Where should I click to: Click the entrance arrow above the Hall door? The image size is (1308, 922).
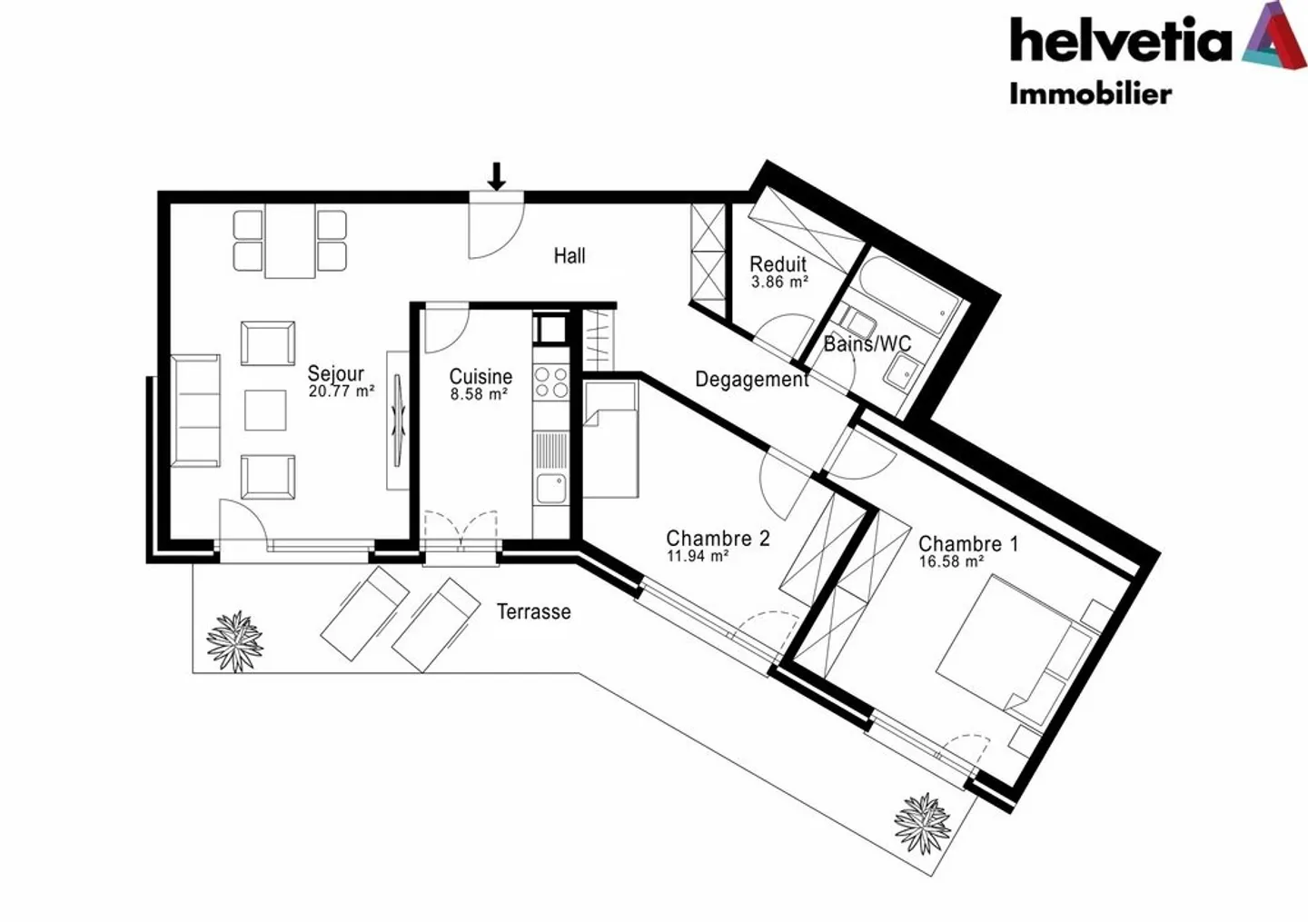pyautogui.click(x=496, y=176)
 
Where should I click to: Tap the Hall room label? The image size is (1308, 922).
pyautogui.click(x=570, y=256)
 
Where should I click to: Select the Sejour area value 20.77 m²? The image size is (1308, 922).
pyautogui.click(x=342, y=392)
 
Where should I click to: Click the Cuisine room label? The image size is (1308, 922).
pyautogui.click(x=481, y=376)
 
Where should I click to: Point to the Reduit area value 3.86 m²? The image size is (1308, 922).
pyautogui.click(x=779, y=283)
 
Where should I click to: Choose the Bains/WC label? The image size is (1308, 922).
pyautogui.click(x=867, y=344)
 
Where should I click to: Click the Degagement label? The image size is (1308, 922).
pyautogui.click(x=751, y=379)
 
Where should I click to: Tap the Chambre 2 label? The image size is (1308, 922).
pyautogui.click(x=718, y=539)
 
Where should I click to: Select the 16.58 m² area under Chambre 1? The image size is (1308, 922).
pyautogui.click(x=951, y=561)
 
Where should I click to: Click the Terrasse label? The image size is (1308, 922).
pyautogui.click(x=533, y=612)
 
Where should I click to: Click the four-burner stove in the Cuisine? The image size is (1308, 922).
pyautogui.click(x=550, y=382)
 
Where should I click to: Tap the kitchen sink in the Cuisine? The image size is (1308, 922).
pyautogui.click(x=550, y=488)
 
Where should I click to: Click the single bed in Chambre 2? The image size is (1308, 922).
pyautogui.click(x=609, y=440)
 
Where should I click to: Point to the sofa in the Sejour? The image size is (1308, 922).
pyautogui.click(x=195, y=411)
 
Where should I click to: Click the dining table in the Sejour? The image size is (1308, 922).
pyautogui.click(x=290, y=241)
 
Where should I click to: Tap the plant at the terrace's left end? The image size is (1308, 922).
pyautogui.click(x=234, y=641)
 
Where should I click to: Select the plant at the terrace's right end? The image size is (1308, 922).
pyautogui.click(x=923, y=823)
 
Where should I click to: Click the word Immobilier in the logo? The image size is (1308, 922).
pyautogui.click(x=1090, y=94)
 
